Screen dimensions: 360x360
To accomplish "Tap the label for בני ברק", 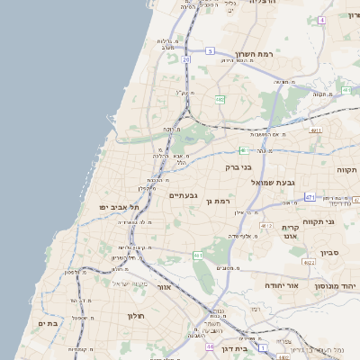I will click(x=238, y=166).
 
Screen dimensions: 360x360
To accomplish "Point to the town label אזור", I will click(x=163, y=288).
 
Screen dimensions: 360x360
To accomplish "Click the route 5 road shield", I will click(x=210, y=52).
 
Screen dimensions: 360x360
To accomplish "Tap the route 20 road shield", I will click(x=186, y=58).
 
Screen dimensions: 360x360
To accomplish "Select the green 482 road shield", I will click(x=220, y=100).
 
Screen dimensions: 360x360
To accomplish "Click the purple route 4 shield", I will click(x=322, y=19).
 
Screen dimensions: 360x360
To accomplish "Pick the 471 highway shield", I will click(x=310, y=196).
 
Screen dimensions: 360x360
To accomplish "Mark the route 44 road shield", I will click(x=209, y=346).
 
